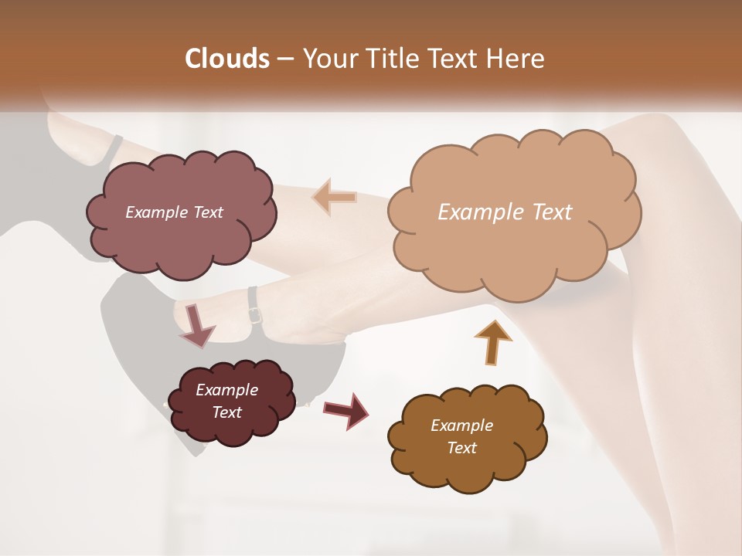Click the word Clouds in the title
click(x=227, y=59)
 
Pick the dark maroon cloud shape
click(x=232, y=429)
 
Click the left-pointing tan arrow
click(x=335, y=198)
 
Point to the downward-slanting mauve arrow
click(x=196, y=325)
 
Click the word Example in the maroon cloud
click(x=226, y=390)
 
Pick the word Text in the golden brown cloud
click(x=461, y=448)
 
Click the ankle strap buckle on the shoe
click(x=254, y=315)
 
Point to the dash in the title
click(x=284, y=59)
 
